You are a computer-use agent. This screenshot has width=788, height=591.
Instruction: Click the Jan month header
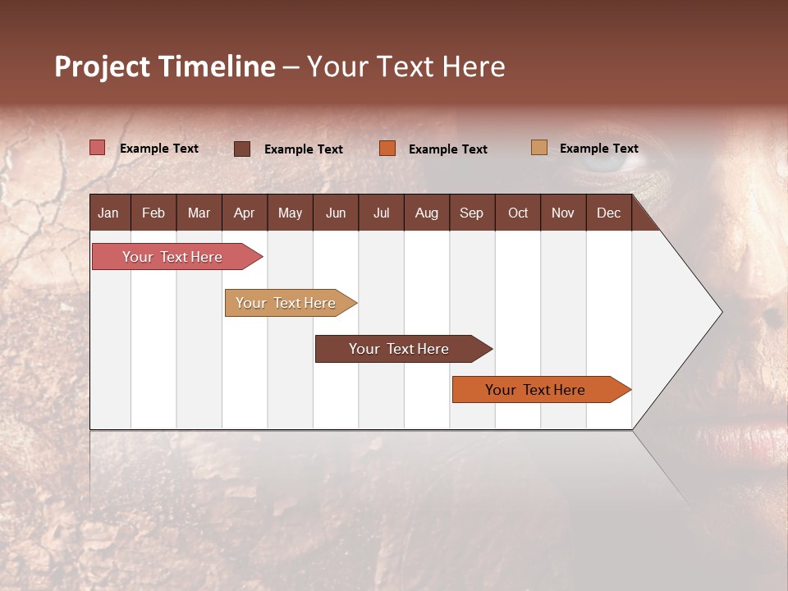[108, 213]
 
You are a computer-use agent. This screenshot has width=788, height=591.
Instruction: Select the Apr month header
[244, 213]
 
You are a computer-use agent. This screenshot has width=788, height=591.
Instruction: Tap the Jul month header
[381, 213]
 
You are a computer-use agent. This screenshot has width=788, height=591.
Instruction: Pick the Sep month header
[471, 213]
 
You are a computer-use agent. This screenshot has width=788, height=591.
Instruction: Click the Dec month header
[608, 213]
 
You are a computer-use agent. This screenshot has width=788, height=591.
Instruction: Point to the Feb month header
[153, 213]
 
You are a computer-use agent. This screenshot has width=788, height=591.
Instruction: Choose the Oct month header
[518, 213]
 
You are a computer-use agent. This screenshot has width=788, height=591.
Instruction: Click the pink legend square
[98, 148]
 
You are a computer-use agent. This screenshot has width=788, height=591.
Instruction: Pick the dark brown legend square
[242, 149]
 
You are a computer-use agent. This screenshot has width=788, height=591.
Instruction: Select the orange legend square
[387, 149]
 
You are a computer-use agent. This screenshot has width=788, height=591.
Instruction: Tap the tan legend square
[539, 148]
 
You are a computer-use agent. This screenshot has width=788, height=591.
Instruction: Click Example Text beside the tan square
[598, 149]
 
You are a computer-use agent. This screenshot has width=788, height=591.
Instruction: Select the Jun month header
[336, 213]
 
